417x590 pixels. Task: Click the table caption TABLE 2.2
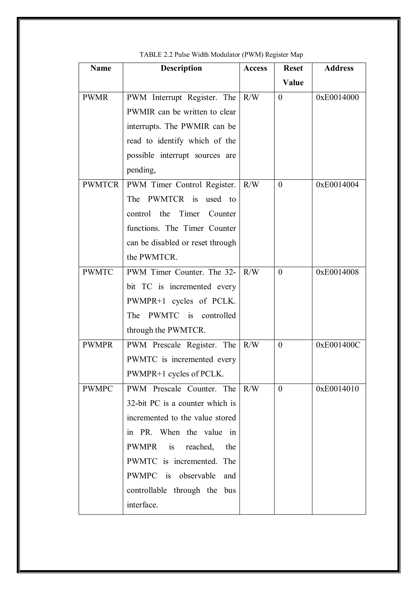click(x=221, y=55)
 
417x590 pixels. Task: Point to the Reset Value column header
click(x=293, y=75)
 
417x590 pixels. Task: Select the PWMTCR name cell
click(x=101, y=185)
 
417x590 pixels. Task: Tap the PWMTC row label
click(x=98, y=272)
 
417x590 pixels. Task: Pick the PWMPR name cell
click(x=98, y=345)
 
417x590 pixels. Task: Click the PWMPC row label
click(x=98, y=389)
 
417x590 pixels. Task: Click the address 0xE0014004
click(x=337, y=185)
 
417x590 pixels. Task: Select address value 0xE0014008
click(x=337, y=272)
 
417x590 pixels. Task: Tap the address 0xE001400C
click(x=338, y=345)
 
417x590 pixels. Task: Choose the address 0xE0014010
click(x=337, y=389)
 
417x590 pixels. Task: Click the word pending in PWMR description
click(x=141, y=170)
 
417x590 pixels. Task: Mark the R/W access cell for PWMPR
click(x=251, y=345)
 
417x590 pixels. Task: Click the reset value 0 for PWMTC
click(x=280, y=272)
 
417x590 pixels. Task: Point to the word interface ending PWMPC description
click(x=142, y=505)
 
